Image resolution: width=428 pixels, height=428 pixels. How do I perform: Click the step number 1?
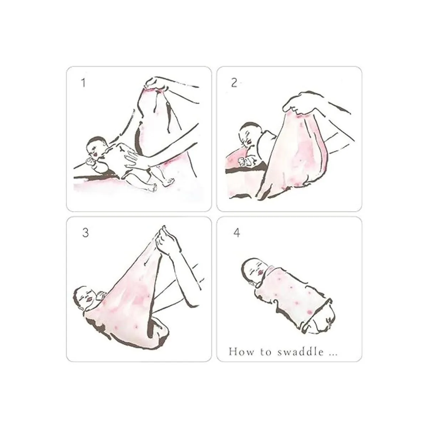83,83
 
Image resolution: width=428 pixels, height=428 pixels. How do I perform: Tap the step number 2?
234,83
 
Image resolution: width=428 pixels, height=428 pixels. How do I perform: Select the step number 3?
85,233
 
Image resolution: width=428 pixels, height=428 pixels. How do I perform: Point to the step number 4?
237,233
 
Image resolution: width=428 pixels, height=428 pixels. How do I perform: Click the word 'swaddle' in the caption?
301,352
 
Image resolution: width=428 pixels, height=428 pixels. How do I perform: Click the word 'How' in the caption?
241,352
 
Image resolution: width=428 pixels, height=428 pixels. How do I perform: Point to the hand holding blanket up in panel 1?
156,83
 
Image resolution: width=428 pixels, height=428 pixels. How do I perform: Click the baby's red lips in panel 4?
261,272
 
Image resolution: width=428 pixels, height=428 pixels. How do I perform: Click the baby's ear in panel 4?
251,283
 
